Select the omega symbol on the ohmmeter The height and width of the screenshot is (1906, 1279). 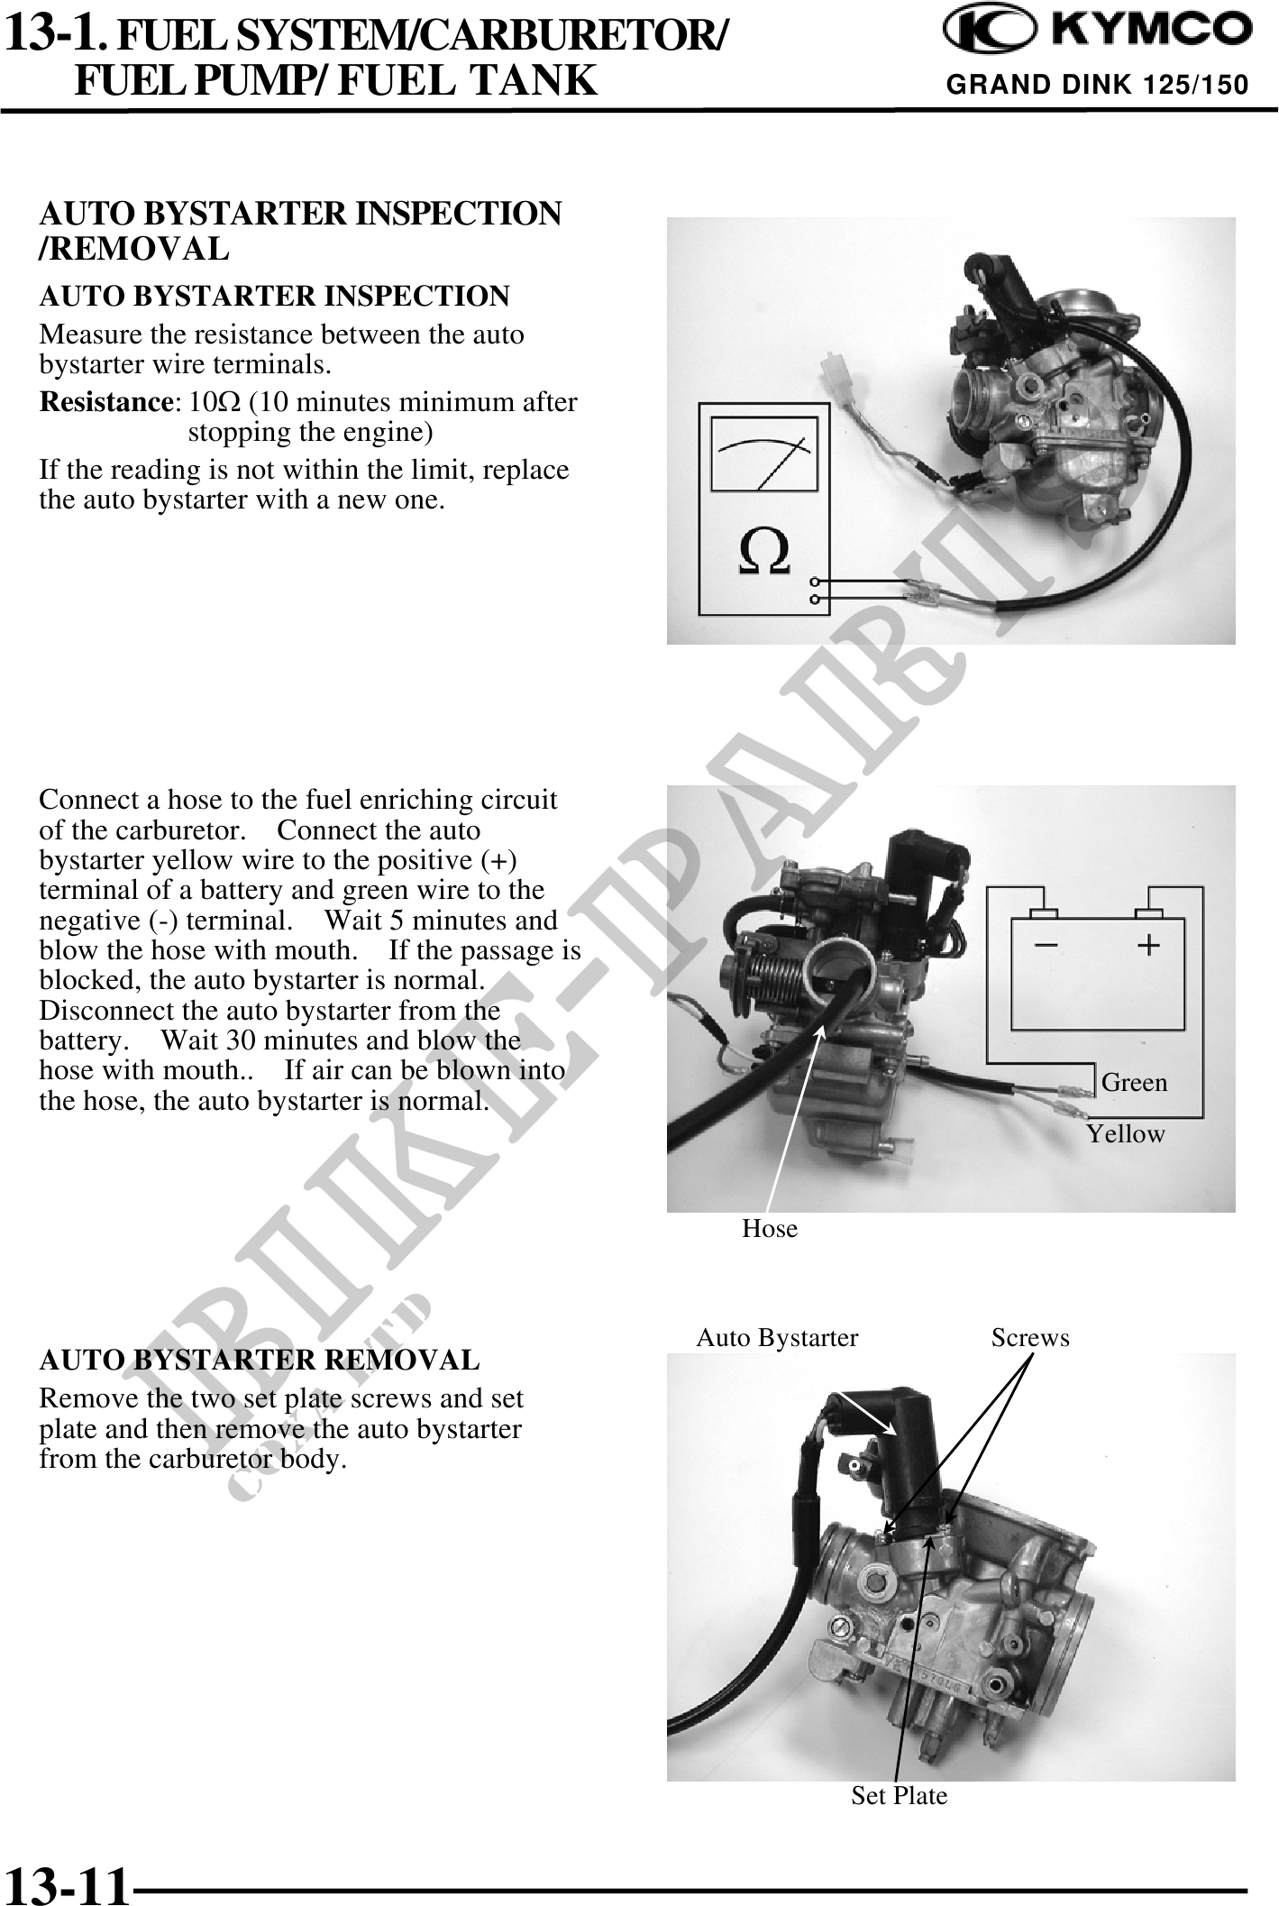764,553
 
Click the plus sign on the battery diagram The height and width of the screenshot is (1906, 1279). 1147,944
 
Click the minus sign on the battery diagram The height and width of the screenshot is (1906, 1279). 1046,945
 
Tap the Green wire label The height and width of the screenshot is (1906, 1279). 1134,1082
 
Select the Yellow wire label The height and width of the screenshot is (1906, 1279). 1125,1133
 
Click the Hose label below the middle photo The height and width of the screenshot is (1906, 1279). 770,1229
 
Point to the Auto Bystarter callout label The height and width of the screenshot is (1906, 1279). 777,1338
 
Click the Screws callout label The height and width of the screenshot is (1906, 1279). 1030,1338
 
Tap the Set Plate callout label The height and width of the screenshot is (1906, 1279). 900,1796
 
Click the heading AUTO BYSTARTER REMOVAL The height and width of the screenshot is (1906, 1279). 260,1360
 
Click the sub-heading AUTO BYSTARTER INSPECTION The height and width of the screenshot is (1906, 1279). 274,296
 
